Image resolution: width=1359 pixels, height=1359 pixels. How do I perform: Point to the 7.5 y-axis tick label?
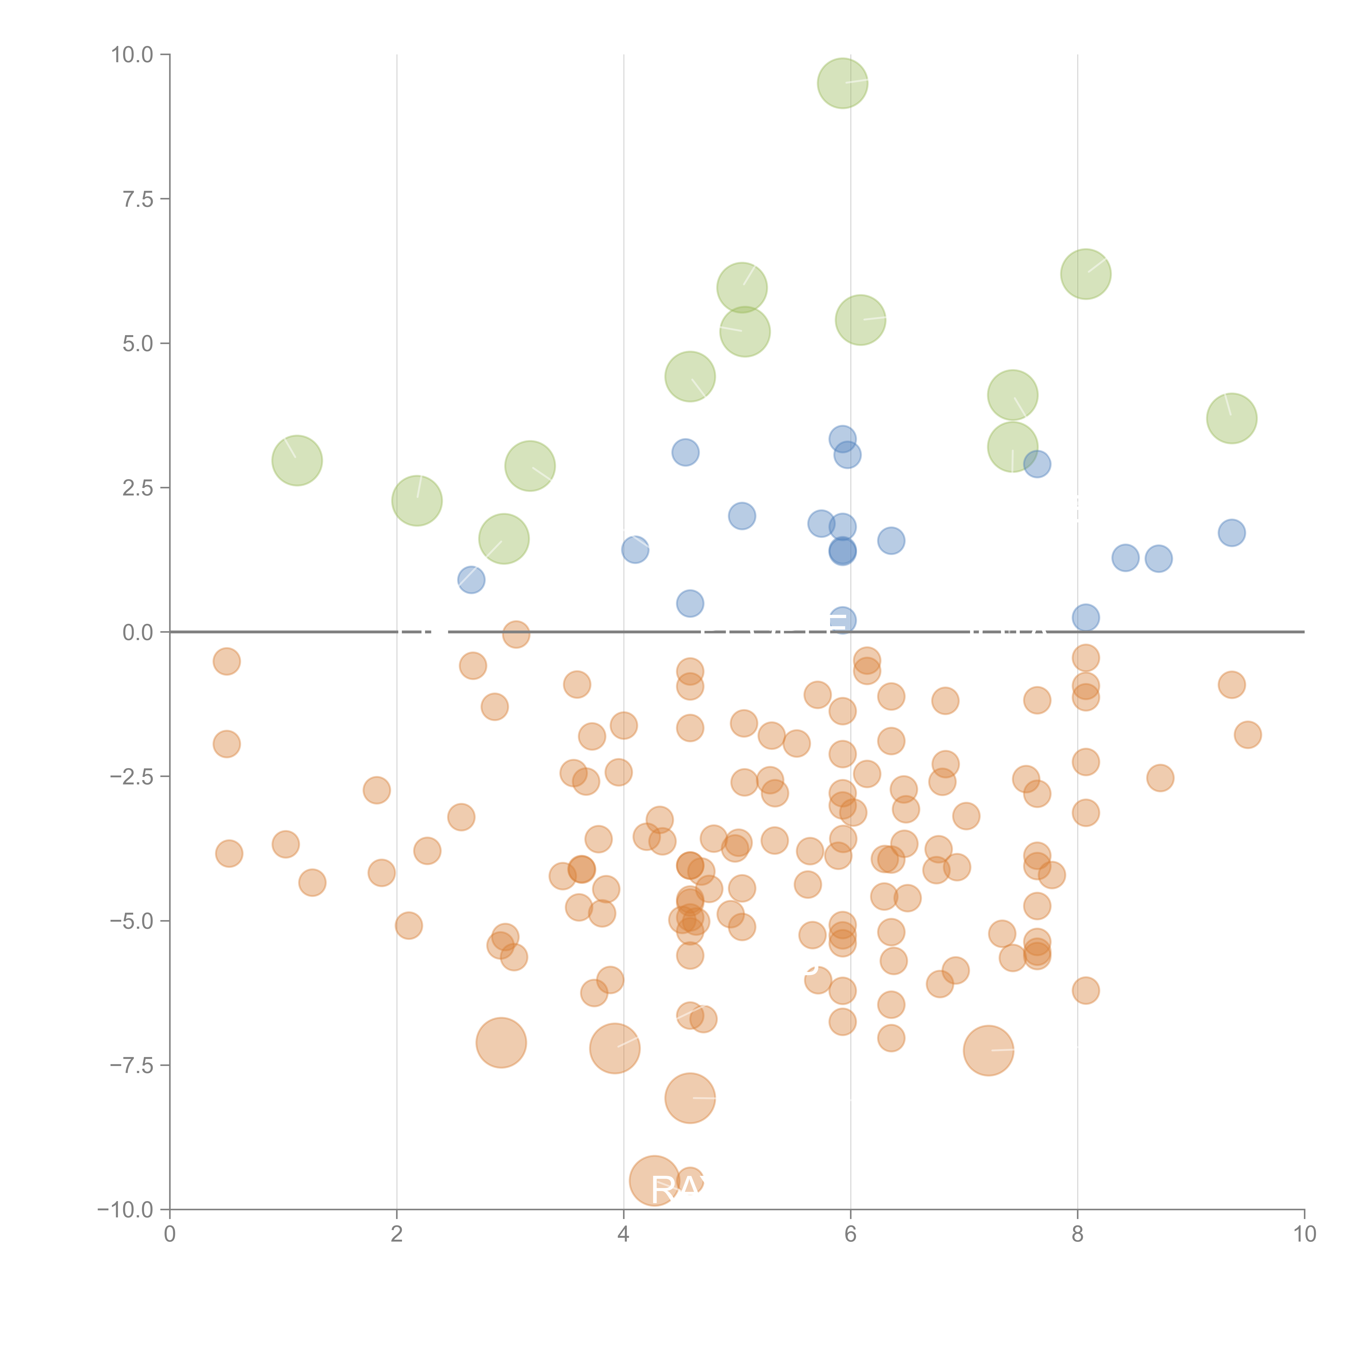(x=138, y=199)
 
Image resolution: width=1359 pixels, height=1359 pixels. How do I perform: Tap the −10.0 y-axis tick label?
(x=125, y=1210)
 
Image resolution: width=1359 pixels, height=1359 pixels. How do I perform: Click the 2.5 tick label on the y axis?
(x=138, y=488)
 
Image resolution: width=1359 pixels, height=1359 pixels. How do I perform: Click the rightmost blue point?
(x=1232, y=532)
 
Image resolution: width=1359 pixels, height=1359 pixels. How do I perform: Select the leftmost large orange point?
(x=501, y=1042)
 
